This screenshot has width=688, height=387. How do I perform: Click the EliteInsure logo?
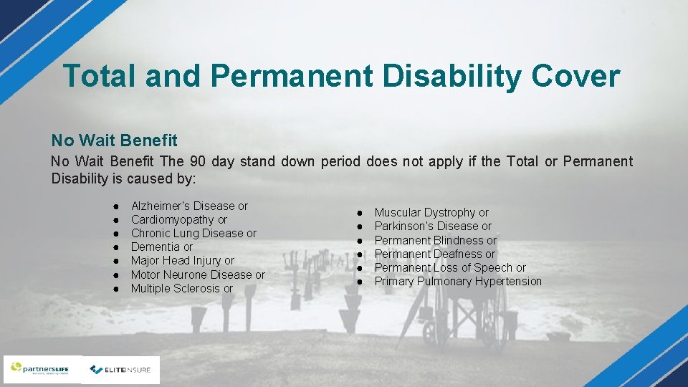click(120, 370)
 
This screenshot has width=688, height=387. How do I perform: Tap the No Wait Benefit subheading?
click(114, 140)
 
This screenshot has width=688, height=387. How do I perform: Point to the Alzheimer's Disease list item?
click(189, 206)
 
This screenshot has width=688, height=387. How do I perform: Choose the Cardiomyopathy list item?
click(179, 220)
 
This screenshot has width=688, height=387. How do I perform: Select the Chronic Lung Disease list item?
click(193, 234)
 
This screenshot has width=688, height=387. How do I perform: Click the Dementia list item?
click(162, 247)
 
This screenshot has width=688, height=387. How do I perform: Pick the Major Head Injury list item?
click(183, 261)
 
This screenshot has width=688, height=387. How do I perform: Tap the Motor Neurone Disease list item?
click(198, 274)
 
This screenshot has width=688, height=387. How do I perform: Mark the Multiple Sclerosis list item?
click(182, 289)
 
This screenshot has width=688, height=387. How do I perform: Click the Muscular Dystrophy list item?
click(431, 213)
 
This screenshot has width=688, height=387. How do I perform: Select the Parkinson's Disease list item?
click(433, 226)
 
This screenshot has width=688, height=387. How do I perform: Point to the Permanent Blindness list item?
click(436, 240)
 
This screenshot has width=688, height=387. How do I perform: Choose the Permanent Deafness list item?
click(435, 254)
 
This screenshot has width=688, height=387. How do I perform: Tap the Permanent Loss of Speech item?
click(450, 268)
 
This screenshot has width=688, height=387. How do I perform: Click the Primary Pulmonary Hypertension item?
click(458, 282)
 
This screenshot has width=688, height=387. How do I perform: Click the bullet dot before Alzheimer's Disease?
click(115, 206)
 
